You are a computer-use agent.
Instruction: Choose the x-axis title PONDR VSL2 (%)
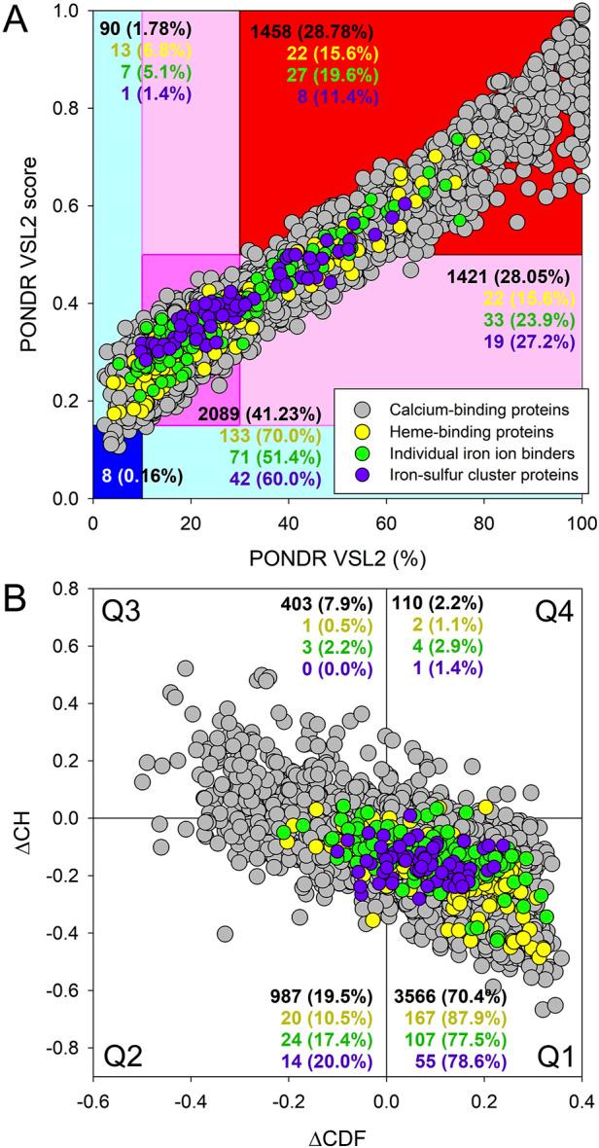point(337,556)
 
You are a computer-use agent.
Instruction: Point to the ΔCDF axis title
point(337,1129)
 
